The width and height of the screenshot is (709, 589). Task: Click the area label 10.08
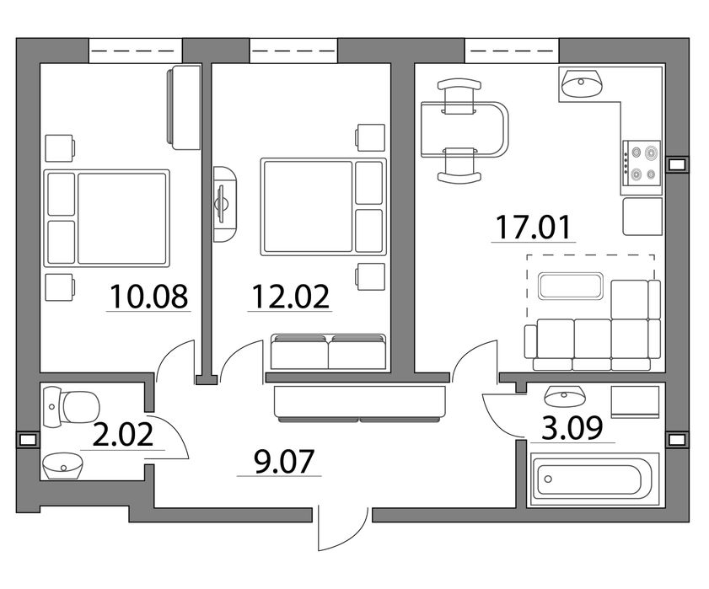[148, 297]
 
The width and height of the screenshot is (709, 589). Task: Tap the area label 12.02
[290, 297]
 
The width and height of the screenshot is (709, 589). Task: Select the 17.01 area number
[534, 228]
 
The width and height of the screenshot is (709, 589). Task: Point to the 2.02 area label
[123, 435]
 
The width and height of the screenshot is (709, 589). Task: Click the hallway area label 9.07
[284, 462]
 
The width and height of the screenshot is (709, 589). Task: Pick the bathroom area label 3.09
[572, 428]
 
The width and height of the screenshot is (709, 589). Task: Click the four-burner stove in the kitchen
[642, 163]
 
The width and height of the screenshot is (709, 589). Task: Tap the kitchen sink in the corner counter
[582, 83]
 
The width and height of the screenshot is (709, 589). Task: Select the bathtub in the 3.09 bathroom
[594, 479]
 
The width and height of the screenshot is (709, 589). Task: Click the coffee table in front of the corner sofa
[571, 286]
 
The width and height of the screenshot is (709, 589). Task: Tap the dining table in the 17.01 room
[465, 129]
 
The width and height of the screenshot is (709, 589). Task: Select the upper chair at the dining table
[459, 96]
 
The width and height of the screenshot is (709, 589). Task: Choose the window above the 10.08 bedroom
[135, 51]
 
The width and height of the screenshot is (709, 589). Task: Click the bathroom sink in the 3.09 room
[565, 396]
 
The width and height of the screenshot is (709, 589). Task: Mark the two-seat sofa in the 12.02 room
[329, 351]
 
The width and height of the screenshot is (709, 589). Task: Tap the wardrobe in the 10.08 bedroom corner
[184, 108]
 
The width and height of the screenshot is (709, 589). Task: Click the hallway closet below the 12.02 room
[360, 403]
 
